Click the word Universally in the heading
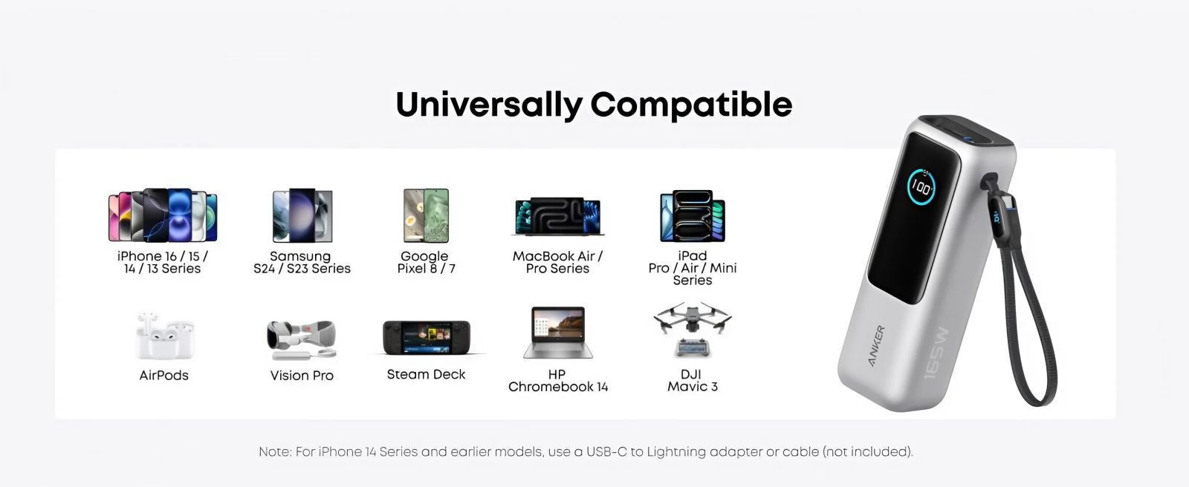(489, 105)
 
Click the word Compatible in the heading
(691, 105)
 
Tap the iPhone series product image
(163, 215)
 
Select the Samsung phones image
(302, 215)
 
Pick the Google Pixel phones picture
(426, 215)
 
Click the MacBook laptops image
(558, 216)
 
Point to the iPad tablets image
(692, 215)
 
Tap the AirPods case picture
(164, 336)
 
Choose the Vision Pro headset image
(302, 339)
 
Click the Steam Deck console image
(427, 337)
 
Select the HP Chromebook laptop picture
(558, 333)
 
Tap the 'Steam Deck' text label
(426, 374)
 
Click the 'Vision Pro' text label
(302, 375)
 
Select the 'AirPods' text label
(164, 375)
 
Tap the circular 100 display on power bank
(921, 187)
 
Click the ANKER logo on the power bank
(876, 345)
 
